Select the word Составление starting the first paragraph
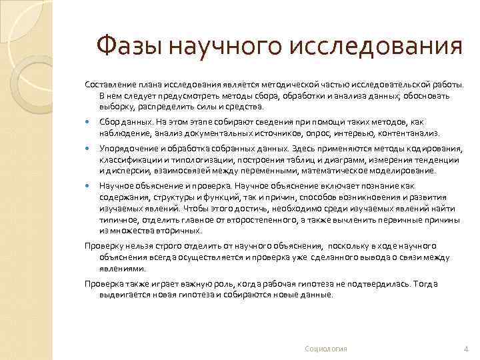[110, 85]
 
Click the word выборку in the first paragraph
[115, 106]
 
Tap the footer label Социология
[325, 349]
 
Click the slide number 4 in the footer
[465, 349]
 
